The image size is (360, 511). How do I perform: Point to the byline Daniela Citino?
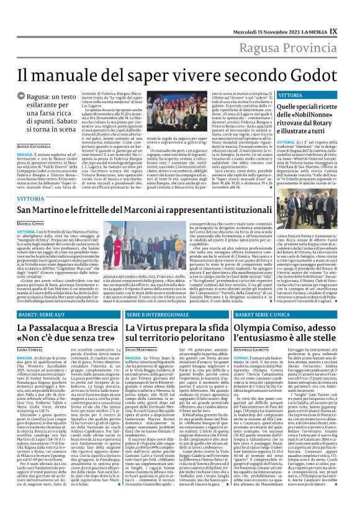pyautogui.click(x=30, y=222)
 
